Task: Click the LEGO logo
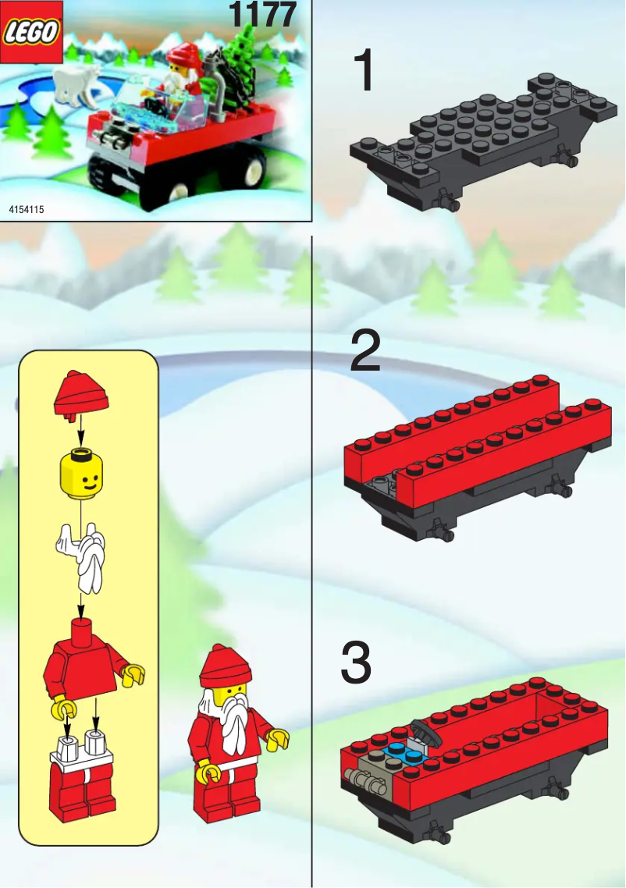(x=31, y=32)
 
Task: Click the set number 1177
(x=263, y=15)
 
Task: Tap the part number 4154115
(x=26, y=210)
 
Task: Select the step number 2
(x=365, y=352)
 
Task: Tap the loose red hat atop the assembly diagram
(x=80, y=393)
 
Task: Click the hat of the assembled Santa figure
(x=225, y=666)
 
